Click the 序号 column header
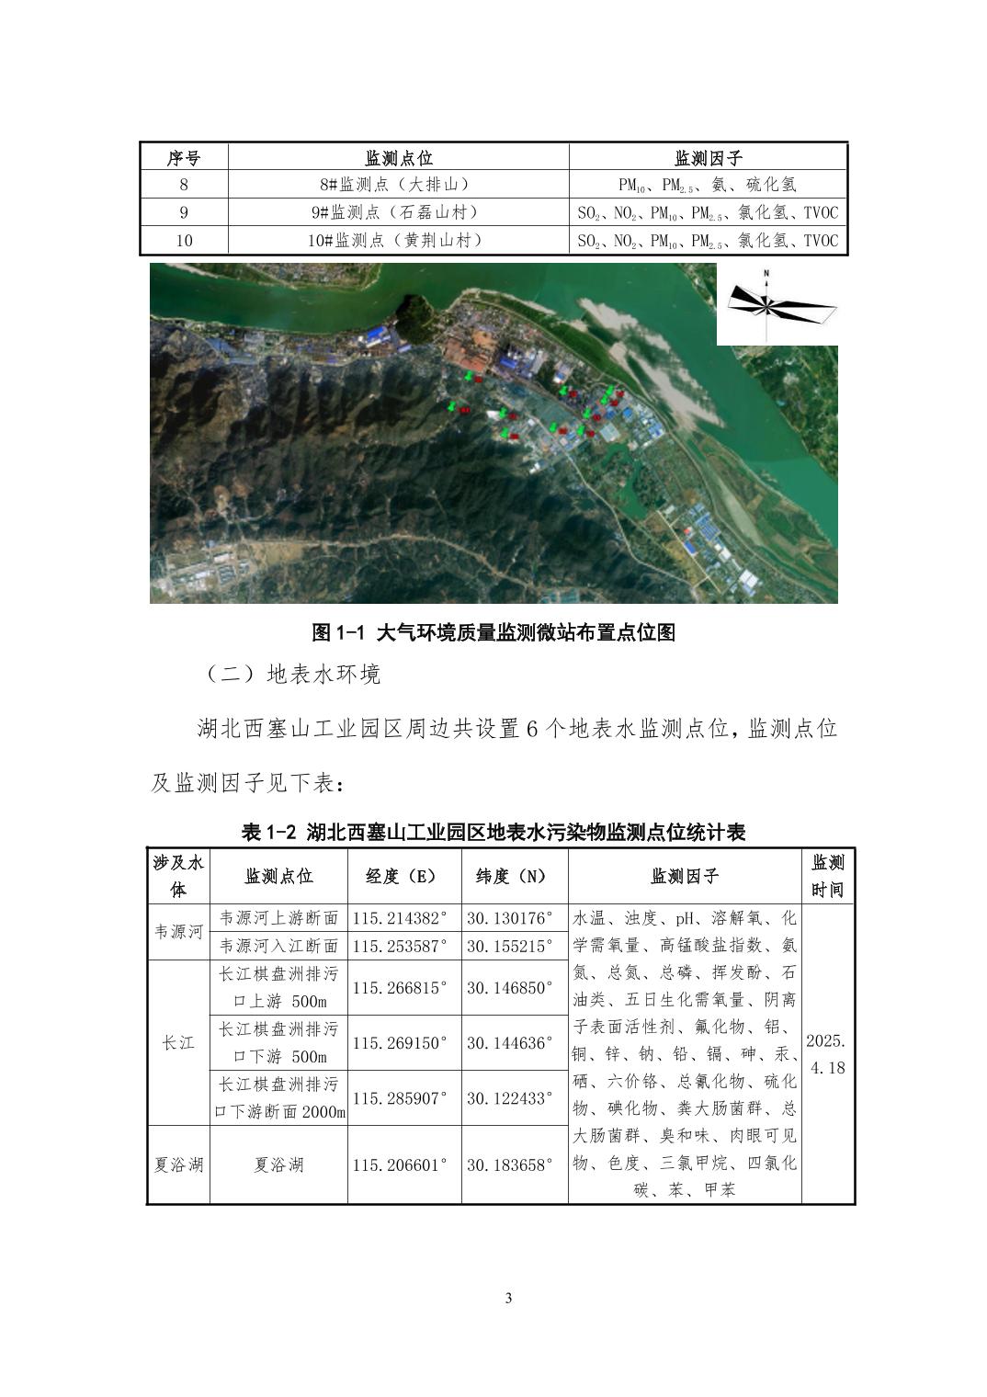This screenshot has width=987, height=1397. click(x=184, y=158)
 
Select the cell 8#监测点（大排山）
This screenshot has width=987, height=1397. click(x=398, y=185)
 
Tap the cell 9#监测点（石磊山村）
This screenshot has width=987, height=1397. click(x=398, y=212)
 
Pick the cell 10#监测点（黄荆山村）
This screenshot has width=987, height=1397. click(x=398, y=241)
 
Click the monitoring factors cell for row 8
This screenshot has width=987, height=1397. click(x=708, y=185)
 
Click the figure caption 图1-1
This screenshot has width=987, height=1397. click(x=493, y=632)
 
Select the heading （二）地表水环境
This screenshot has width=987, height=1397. click(x=292, y=675)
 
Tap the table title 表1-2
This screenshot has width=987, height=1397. click(x=493, y=833)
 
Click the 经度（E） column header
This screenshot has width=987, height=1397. click(x=403, y=877)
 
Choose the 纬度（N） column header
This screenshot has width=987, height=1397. click(x=514, y=877)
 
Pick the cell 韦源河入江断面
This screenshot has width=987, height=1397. click(x=278, y=946)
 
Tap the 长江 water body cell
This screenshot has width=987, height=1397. click(x=178, y=1042)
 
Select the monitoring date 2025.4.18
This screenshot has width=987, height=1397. click(x=827, y=1054)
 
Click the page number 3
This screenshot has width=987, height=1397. click(x=509, y=1298)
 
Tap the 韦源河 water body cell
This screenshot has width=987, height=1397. click(x=178, y=932)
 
